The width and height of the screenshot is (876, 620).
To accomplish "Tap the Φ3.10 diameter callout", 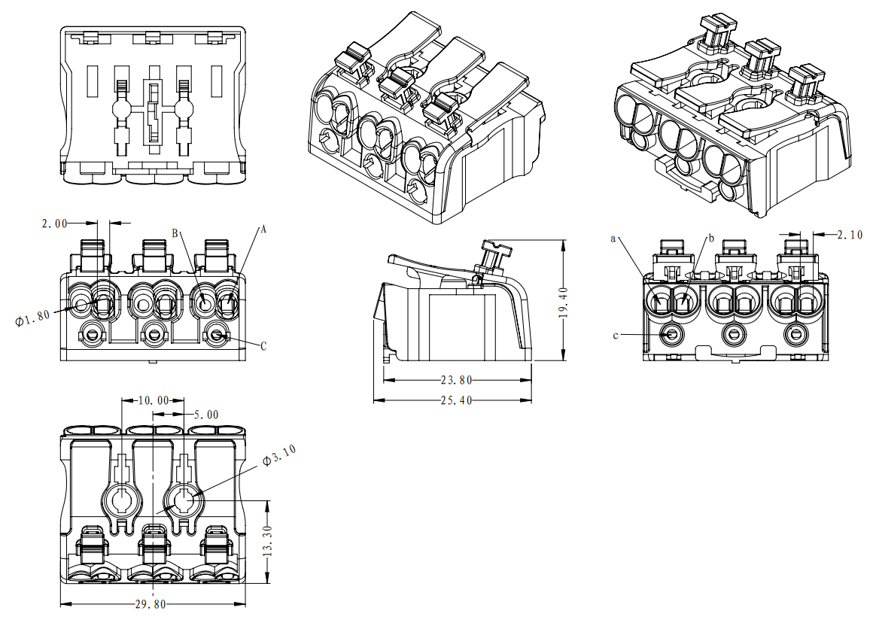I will pos(279,455).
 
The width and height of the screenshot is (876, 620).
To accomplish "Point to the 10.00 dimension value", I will pos(154,400).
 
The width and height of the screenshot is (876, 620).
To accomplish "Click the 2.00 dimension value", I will pos(54,223).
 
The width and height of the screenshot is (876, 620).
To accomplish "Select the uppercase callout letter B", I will pos(175,234).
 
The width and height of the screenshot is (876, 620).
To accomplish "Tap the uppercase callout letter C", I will pos(263,347).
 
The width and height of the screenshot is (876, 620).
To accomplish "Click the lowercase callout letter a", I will pos(613,239).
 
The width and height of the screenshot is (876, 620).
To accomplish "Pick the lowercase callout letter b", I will pos(709,239).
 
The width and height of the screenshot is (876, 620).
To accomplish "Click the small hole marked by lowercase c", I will pos(670,333).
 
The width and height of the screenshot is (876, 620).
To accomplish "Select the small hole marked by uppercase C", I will pos(217,335).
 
